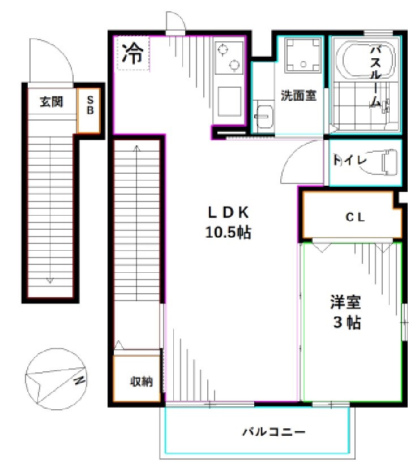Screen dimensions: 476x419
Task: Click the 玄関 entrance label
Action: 51,102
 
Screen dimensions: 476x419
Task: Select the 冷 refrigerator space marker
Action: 133,54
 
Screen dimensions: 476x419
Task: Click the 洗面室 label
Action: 298,96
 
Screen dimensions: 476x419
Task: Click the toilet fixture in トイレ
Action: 389,161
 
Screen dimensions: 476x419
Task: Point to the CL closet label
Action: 356,216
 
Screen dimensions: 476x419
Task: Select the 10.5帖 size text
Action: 228,232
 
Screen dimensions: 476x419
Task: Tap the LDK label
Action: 228,212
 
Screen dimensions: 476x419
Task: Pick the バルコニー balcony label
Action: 275,432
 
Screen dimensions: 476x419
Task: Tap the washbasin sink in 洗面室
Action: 263,117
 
